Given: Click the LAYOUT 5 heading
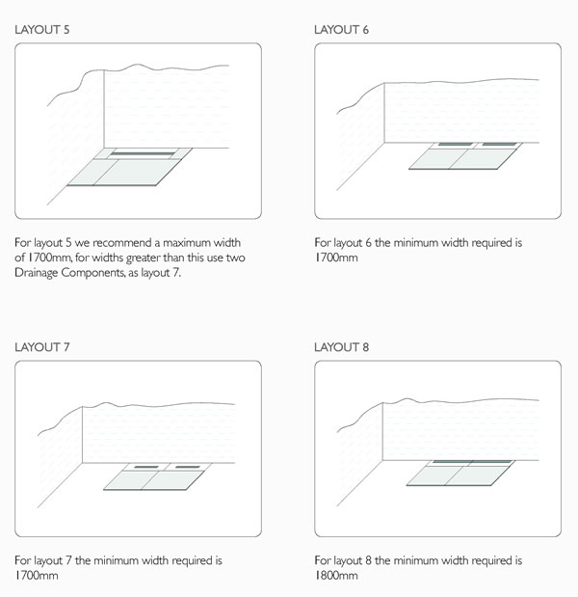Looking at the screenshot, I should point(42,29).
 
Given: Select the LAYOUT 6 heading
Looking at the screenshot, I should point(342,29).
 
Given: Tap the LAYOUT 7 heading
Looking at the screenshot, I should point(42,345).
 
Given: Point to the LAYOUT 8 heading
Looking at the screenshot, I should point(342,345).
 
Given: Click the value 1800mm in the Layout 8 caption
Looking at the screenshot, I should point(336,576).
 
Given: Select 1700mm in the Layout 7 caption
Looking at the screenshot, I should point(37,576).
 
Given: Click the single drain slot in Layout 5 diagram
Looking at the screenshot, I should point(142,152).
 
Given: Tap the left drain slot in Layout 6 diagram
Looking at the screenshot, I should point(449,146).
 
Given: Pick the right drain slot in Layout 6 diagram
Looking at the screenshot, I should point(498,146).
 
